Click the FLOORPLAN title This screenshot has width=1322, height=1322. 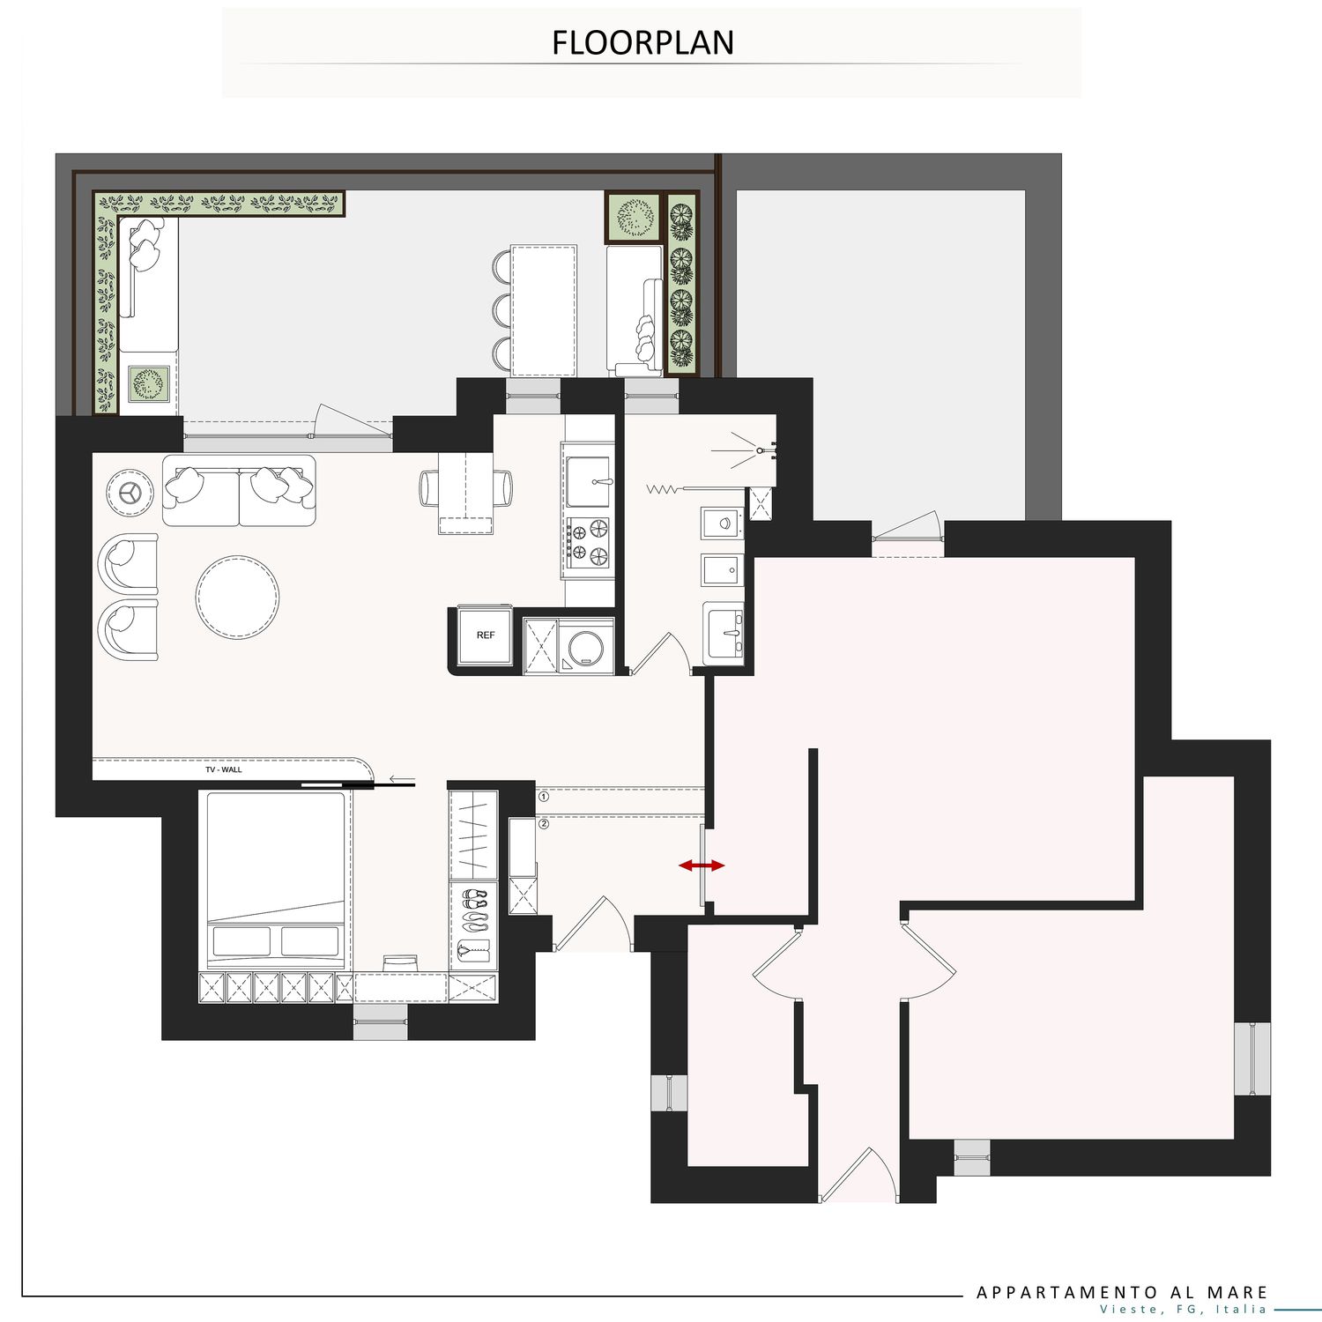pyautogui.click(x=642, y=42)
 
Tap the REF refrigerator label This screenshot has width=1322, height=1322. pyautogui.click(x=486, y=635)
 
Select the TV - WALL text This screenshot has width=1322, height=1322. pyautogui.click(x=224, y=769)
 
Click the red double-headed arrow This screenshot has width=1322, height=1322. pyautogui.click(x=702, y=865)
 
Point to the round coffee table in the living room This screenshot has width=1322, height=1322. pyautogui.click(x=238, y=596)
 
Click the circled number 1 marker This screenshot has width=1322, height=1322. pyautogui.click(x=544, y=797)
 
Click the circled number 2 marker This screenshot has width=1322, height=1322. pyautogui.click(x=544, y=824)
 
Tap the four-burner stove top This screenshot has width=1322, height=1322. pyautogui.click(x=588, y=541)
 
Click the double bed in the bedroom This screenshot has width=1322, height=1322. pyautogui.click(x=275, y=880)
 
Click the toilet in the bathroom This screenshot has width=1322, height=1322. pyautogui.click(x=723, y=523)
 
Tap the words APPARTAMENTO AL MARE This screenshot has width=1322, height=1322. pyautogui.click(x=1122, y=1292)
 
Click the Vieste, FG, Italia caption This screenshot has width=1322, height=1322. pyautogui.click(x=1183, y=1309)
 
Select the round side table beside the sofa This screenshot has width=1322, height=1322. pyautogui.click(x=130, y=492)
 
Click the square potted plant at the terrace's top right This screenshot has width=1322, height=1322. pyautogui.click(x=633, y=217)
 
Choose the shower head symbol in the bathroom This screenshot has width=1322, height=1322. pyautogui.click(x=760, y=450)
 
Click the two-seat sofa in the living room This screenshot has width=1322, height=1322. pyautogui.click(x=238, y=490)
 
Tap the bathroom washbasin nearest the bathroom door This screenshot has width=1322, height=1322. pyautogui.click(x=724, y=632)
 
